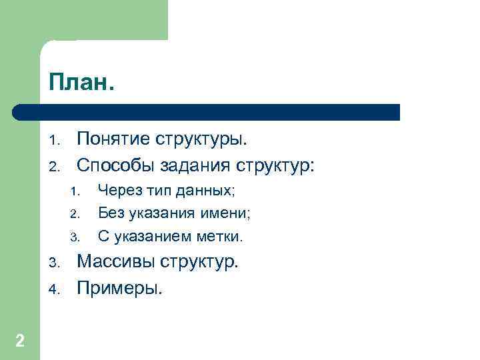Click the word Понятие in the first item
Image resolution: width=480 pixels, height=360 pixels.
114,140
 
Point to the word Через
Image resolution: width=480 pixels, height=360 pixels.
117,192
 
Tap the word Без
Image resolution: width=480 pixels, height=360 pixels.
109,214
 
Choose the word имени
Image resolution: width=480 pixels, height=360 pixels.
229,214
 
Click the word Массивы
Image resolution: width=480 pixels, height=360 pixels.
116,261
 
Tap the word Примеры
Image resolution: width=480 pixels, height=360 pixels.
119,288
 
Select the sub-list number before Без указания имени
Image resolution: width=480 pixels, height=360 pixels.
75,215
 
